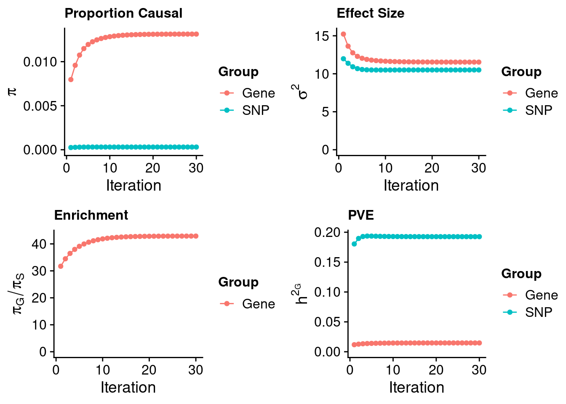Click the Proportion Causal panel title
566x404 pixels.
pos(123,13)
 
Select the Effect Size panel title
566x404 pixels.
pos(370,13)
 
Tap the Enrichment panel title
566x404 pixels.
pos(91,215)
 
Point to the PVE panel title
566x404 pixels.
pos(361,215)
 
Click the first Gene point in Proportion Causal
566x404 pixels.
pos(71,80)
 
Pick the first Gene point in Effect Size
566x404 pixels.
pos(343,35)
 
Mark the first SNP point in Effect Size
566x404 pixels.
pos(343,59)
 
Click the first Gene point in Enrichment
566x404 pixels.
pos(61,266)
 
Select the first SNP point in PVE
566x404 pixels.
pos(354,244)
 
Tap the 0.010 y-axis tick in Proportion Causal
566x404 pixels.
pos(40,62)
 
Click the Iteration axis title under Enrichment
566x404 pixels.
pos(128,388)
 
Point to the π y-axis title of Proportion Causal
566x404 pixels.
pos(13,91)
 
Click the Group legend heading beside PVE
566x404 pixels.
pos(521,274)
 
